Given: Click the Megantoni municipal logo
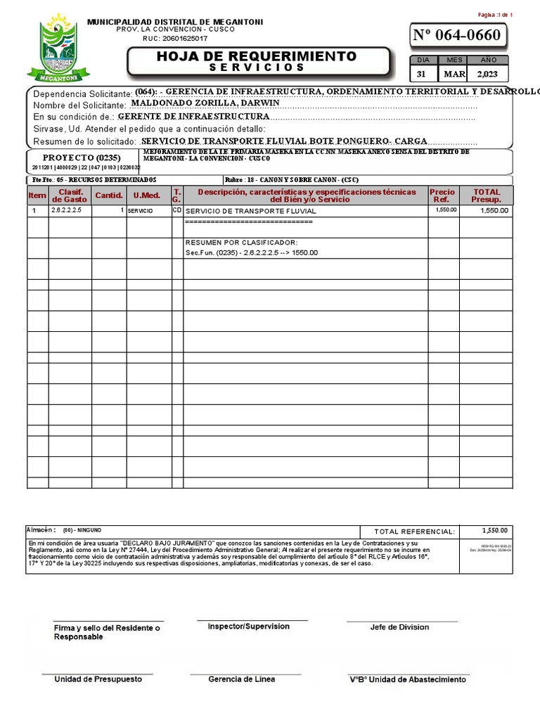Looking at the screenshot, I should tap(49, 49).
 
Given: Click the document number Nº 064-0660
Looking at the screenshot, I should tap(457, 35).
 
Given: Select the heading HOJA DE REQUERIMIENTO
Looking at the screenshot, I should tap(257, 56).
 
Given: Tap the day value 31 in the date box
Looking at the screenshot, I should tap(421, 74).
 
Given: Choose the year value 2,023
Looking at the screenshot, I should tap(487, 74).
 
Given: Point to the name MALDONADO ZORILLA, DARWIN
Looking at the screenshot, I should tap(205, 103).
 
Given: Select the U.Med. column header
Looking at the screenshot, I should tap(147, 195).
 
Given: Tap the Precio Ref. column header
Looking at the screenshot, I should tap(442, 195).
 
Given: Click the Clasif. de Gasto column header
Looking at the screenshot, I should tap(70, 195).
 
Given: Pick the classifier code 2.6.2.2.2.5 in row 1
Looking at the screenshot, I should tap(67, 210).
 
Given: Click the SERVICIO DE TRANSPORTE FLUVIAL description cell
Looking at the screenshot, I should tap(251, 211).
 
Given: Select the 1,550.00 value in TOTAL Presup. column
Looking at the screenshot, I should tap(494, 210).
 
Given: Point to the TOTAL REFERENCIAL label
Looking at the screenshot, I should tap(414, 532).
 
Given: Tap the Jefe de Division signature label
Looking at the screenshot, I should tap(399, 627).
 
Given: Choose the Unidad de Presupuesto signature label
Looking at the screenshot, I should tap(98, 679).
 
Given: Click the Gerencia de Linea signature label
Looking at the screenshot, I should tap(241, 679).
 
